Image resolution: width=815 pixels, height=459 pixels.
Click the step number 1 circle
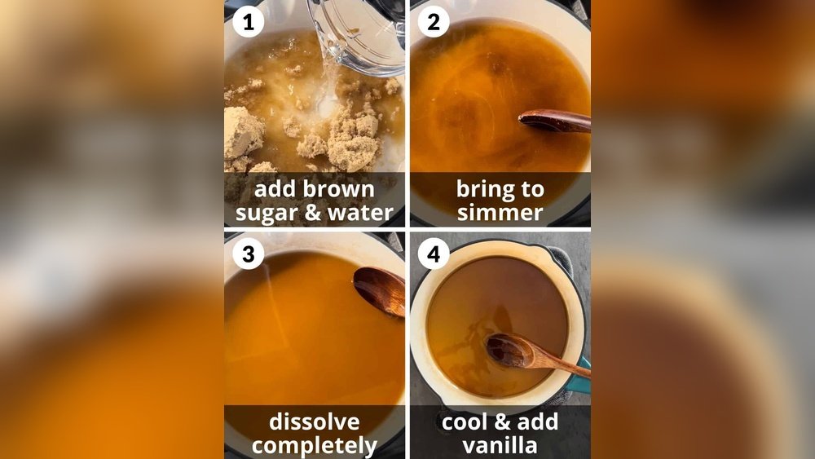tap(248, 22)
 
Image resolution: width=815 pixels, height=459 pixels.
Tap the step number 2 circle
tap(434, 22)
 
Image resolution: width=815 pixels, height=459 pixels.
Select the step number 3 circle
tap(248, 254)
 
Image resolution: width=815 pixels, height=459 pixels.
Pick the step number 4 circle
tap(434, 254)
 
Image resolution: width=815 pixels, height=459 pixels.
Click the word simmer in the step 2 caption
tap(500, 212)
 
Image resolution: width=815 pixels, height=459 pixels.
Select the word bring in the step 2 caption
tap(482, 190)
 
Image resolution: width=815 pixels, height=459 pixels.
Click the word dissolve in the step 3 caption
tap(315, 421)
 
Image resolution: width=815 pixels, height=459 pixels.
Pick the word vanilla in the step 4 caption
tap(500, 445)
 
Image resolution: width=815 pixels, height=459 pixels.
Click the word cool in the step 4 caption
tap(465, 421)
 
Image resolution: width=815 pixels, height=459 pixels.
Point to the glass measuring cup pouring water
tap(359, 33)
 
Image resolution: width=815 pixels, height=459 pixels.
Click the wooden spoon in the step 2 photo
tap(554, 121)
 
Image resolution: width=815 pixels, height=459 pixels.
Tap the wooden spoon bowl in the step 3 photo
tap(380, 290)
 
